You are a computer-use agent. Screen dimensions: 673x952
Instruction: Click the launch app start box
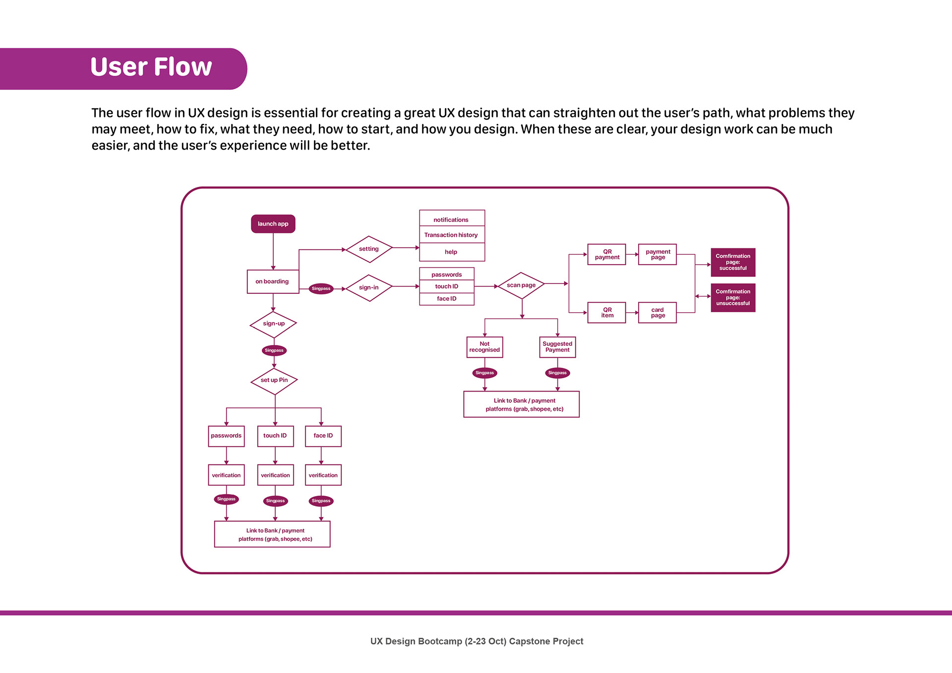coord(273,224)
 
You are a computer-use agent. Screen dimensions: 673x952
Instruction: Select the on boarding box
coord(273,281)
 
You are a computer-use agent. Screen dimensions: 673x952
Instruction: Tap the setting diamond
coord(369,249)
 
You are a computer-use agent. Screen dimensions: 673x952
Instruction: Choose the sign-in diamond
coord(369,287)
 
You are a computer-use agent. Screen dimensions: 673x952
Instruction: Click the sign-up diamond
coord(273,324)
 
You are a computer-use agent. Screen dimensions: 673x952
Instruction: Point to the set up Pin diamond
coord(274,381)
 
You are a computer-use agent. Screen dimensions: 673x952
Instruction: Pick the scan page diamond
coord(521,285)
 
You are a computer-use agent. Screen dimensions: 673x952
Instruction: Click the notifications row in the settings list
coord(451,220)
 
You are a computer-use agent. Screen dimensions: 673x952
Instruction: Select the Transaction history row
coord(451,235)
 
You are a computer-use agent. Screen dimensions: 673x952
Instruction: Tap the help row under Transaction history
coord(451,252)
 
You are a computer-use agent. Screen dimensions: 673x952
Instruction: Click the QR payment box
coord(607,255)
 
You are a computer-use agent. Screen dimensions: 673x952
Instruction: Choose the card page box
coord(657,313)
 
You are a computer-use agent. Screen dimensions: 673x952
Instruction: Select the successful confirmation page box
coord(733,262)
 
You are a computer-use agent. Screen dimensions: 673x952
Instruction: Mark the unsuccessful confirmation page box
coord(733,297)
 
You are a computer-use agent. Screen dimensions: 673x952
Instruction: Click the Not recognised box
coord(484,347)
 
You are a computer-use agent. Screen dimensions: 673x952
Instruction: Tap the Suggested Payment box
coord(557,347)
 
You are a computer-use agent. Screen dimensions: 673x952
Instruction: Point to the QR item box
coord(607,313)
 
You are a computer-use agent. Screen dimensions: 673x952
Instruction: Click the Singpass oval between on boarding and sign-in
coord(321,288)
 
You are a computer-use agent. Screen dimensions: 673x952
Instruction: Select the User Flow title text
coord(151,67)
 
